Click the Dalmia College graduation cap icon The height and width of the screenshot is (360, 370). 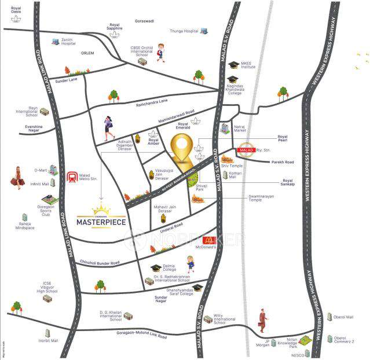pyautogui.click(x=155, y=269)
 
